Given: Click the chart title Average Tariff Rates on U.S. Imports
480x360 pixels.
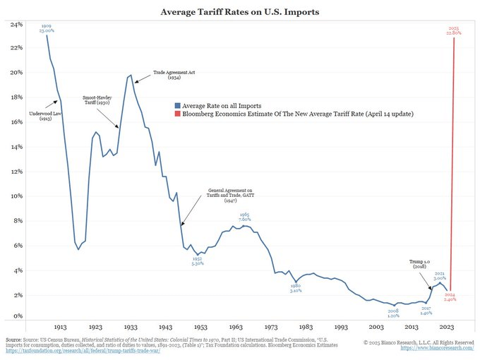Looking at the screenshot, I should pos(239,12).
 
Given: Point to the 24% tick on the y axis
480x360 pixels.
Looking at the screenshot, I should pos(16,25).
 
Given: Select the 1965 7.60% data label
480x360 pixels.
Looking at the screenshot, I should pos(244,216).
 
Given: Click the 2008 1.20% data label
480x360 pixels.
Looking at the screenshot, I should pos(393,312).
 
